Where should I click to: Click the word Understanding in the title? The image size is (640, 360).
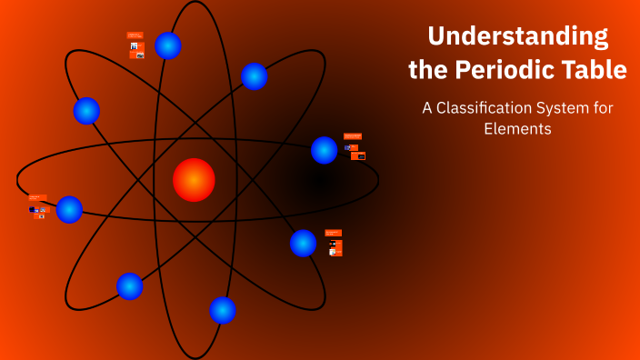coord(517,36)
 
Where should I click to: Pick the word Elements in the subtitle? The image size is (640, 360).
coord(517,129)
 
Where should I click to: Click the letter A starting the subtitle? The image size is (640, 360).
coord(426,107)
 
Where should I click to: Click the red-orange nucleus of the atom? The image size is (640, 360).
coord(194,179)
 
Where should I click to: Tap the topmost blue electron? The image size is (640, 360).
coord(168,45)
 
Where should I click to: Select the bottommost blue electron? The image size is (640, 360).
coord(223,310)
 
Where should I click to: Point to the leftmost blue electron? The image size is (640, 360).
coord(69,209)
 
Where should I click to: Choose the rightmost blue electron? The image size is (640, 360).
coord(325,150)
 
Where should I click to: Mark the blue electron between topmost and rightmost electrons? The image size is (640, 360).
coord(255,76)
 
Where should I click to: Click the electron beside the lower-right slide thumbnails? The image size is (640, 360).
coord(303,243)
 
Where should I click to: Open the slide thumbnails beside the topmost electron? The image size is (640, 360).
coord(135,45)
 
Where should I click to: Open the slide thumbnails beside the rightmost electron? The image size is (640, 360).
coord(355,146)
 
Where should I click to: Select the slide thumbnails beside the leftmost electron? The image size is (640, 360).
coord(37,207)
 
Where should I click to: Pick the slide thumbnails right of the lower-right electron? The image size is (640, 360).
coord(334,243)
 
